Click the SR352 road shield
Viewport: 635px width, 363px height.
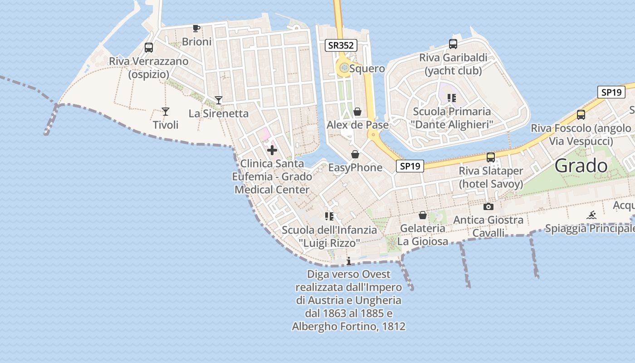pyautogui.click(x=342, y=45)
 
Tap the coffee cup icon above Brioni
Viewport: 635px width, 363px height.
pyautogui.click(x=196, y=29)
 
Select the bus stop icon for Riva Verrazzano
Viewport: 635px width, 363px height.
pyautogui.click(x=148, y=48)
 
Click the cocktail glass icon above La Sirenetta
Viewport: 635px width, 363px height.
pyautogui.click(x=219, y=100)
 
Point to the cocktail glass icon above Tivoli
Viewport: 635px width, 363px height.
pyautogui.click(x=166, y=112)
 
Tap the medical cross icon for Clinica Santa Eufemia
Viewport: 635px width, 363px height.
pyautogui.click(x=272, y=150)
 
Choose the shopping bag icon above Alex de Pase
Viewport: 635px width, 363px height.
pyautogui.click(x=357, y=112)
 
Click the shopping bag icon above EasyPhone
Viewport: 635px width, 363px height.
pyautogui.click(x=355, y=155)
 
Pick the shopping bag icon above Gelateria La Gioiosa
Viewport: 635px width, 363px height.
pyautogui.click(x=423, y=215)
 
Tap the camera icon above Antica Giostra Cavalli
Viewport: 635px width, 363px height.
pyautogui.click(x=488, y=207)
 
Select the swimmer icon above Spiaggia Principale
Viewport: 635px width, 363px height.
pyautogui.click(x=591, y=215)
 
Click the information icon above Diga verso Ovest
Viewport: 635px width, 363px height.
pyautogui.click(x=349, y=261)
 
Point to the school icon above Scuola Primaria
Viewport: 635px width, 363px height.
pyautogui.click(x=451, y=98)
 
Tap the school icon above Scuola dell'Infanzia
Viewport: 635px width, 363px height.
pyautogui.click(x=329, y=216)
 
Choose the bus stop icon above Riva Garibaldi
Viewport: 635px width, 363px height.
pyautogui.click(x=453, y=44)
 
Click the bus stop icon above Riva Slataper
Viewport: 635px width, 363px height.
pyautogui.click(x=491, y=157)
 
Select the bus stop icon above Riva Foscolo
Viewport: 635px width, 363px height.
pyautogui.click(x=581, y=115)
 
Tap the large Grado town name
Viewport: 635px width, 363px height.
pyautogui.click(x=581, y=166)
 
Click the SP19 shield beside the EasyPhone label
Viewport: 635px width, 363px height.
pyautogui.click(x=410, y=166)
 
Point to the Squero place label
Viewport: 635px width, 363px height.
pyautogui.click(x=367, y=69)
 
